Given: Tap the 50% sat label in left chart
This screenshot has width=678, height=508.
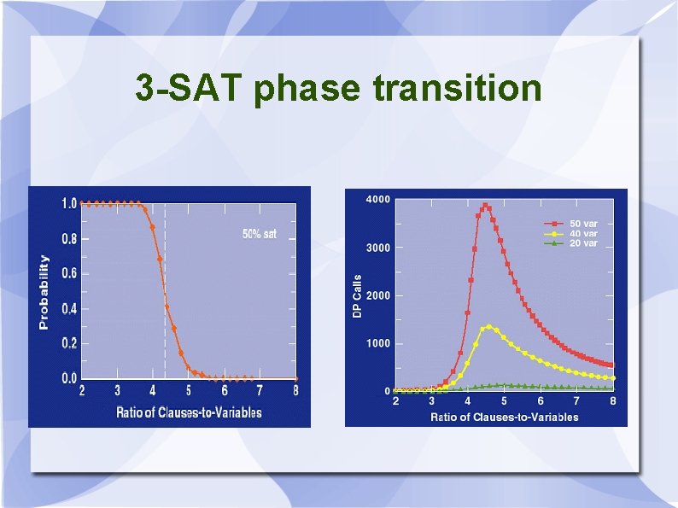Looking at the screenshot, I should click(x=260, y=234).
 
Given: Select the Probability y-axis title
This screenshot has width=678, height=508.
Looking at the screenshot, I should click(x=44, y=292).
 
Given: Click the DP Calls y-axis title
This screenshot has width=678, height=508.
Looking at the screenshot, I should click(x=357, y=296).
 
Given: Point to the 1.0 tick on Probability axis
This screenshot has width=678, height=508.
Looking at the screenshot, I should click(x=68, y=203).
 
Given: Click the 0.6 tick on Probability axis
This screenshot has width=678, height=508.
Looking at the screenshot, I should click(x=68, y=273).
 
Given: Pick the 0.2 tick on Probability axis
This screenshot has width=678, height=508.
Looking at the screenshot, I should click(x=68, y=343).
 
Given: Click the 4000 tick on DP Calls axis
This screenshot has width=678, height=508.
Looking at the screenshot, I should click(x=378, y=200).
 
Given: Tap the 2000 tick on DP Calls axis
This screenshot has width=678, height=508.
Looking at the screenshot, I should click(x=378, y=295).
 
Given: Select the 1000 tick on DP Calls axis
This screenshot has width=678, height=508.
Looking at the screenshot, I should click(x=378, y=343).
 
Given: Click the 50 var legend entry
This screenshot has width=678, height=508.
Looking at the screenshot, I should click(x=584, y=224).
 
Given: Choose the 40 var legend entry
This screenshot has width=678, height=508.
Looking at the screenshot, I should click(x=584, y=233).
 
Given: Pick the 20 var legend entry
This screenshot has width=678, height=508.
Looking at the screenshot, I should click(x=584, y=243).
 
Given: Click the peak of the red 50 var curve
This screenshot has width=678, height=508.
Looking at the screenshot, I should click(x=485, y=206).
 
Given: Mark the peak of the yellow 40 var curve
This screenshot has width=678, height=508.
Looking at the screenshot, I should click(x=489, y=326).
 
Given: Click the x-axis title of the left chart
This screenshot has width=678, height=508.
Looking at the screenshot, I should click(x=189, y=412).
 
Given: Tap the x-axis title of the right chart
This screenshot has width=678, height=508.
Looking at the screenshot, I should click(x=504, y=417).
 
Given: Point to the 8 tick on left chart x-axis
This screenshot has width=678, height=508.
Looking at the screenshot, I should click(x=295, y=391).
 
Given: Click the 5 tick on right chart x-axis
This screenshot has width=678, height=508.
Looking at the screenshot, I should click(x=504, y=400).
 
